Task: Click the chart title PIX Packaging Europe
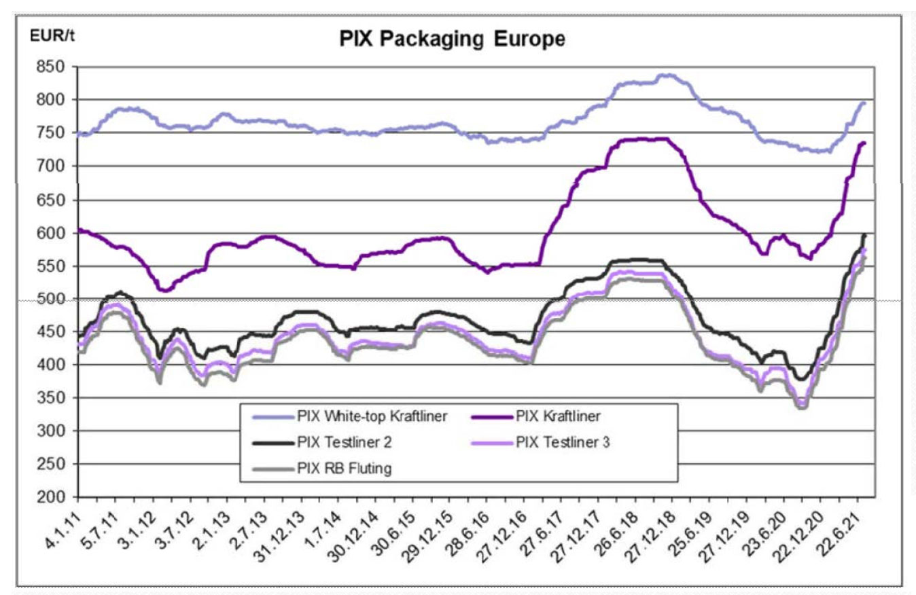tap(452, 40)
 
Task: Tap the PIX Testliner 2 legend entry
tap(347, 443)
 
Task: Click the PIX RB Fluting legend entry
tap(344, 469)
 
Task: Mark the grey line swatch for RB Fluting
tap(270, 469)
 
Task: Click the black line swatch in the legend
tap(270, 443)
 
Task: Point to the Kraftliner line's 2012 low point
tap(163, 291)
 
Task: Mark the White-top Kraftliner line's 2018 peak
tap(666, 75)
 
